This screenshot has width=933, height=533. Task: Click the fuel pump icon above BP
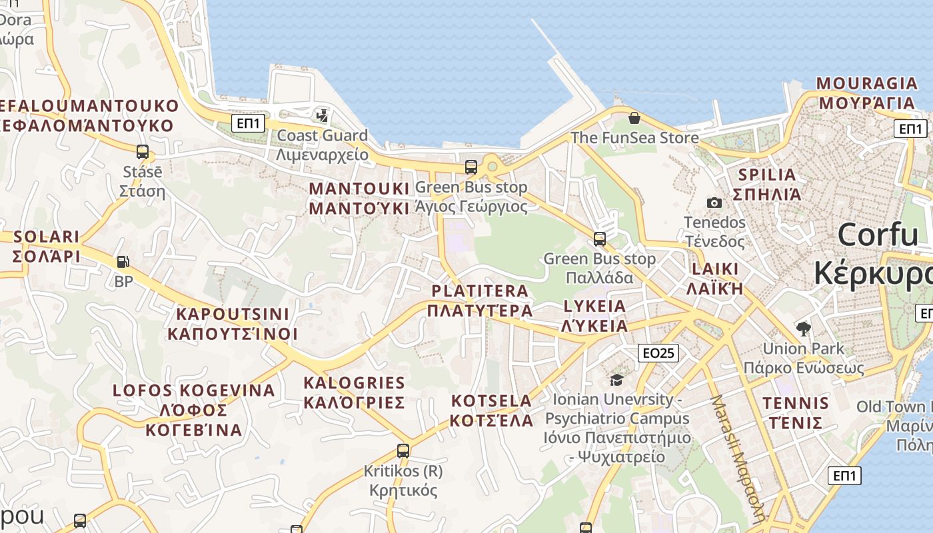pos(123,262)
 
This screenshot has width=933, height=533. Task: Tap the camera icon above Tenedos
pos(714,203)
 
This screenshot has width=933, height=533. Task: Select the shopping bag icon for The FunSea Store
pos(634,118)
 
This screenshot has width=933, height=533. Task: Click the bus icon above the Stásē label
pos(142,151)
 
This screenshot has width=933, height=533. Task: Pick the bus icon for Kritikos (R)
pos(403,450)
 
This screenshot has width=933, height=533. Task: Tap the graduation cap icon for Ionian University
pos(616,380)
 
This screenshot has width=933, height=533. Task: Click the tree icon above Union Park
pos(803,328)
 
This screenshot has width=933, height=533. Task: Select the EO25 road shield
pos(657,353)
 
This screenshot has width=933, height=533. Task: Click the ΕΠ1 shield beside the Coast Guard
pos(249,123)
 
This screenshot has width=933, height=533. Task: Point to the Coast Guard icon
pos(322,115)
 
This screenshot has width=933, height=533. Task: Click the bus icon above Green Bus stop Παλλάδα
pos(600,239)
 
